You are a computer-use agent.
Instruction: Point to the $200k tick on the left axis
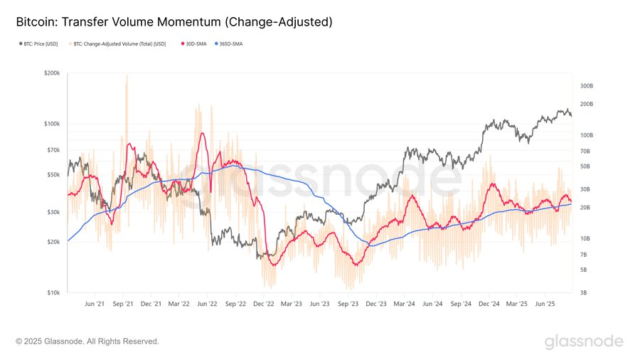tap(51, 73)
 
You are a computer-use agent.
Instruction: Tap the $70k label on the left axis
tap(53, 150)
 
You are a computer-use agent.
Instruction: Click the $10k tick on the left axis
tap(53, 292)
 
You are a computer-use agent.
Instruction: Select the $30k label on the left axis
tap(53, 212)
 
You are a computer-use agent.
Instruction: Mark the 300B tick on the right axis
tap(587, 86)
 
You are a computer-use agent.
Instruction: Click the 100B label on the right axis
tap(587, 135)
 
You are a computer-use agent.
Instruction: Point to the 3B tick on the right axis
tap(584, 292)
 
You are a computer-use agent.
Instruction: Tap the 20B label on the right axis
tap(585, 207)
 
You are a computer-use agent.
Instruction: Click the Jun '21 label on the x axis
tap(95, 304)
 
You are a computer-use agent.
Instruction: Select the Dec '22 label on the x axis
tap(263, 304)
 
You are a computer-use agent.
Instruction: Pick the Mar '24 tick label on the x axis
tap(404, 304)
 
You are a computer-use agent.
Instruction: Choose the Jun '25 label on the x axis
tap(545, 304)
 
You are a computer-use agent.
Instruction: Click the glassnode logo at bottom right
tap(584, 342)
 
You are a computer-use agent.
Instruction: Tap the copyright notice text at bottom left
tap(87, 342)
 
